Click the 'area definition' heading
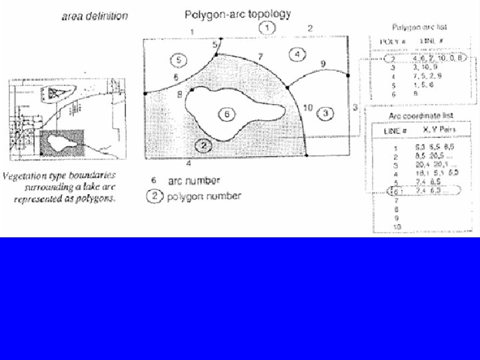(95, 17)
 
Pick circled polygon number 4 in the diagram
(297, 53)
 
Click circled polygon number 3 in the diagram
(325, 113)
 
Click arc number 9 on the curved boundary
(323, 64)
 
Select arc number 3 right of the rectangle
(355, 107)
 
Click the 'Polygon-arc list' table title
(419, 28)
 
